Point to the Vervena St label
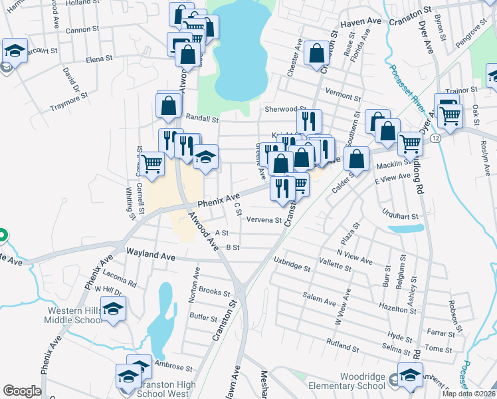pyautogui.click(x=264, y=220)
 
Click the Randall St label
pyautogui.click(x=202, y=119)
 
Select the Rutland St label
pyautogui.click(x=342, y=346)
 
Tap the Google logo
pyautogui.click(x=21, y=391)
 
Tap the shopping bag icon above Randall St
pyautogui.click(x=169, y=105)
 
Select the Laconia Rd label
pyautogui.click(x=120, y=278)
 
